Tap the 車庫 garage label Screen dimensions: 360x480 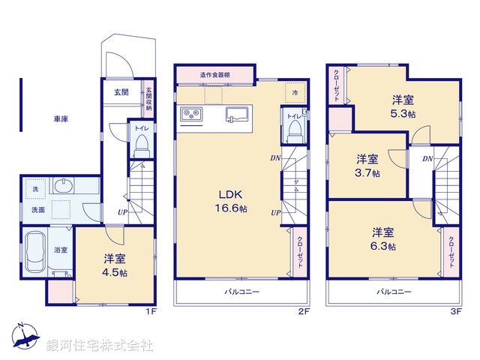(x=61, y=119)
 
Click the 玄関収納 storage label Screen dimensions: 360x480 (x=148, y=96)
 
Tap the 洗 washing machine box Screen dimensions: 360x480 (x=34, y=187)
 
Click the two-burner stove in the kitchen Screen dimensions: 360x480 (x=191, y=115)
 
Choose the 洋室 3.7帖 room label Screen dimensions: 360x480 (x=367, y=165)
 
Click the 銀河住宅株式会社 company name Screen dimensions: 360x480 (x=100, y=346)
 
